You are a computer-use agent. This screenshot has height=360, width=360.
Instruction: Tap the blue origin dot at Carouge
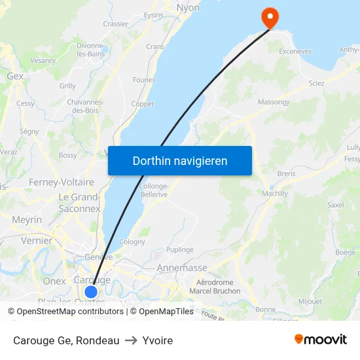[91, 292]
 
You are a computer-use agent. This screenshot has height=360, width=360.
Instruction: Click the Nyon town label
[188, 8]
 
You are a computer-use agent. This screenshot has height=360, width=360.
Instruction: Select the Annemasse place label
[182, 268]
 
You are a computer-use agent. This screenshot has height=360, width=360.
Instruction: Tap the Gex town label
[15, 76]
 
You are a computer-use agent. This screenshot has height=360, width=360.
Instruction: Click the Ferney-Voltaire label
[62, 182]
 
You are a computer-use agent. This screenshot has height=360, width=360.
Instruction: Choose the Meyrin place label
[27, 220]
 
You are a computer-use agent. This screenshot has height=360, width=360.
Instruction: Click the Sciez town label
[316, 83]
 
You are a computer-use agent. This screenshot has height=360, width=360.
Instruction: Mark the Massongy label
[274, 102]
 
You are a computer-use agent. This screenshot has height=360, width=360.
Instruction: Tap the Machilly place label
[274, 193]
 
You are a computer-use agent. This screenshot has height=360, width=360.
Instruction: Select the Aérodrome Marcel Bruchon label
[215, 287]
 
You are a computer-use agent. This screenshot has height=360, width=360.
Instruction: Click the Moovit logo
[321, 339]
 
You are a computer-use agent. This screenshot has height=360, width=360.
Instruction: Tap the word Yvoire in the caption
[158, 340]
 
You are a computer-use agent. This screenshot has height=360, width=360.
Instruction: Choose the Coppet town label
[143, 104]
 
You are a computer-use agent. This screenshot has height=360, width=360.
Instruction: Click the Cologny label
[132, 242]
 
